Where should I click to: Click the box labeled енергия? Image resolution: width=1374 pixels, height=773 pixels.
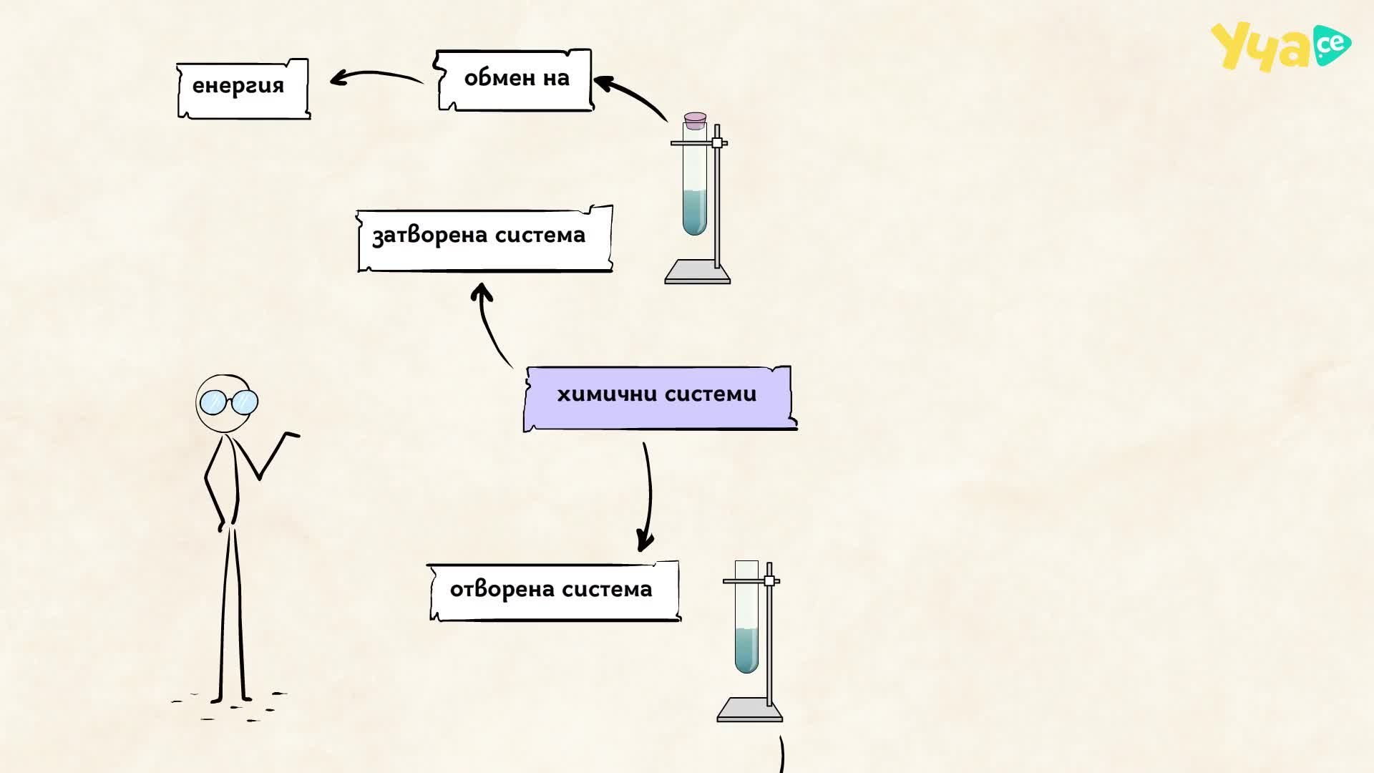[243, 89]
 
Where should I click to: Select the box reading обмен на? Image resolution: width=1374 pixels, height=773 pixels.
[514, 80]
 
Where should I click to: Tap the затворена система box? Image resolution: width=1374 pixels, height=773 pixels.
[484, 239]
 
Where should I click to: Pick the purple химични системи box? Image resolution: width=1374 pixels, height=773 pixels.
[660, 399]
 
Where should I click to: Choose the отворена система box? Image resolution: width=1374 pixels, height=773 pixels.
[553, 591]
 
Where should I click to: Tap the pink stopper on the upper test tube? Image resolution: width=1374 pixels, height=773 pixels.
[695, 120]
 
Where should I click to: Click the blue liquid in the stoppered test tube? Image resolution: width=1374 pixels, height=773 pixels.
[694, 212]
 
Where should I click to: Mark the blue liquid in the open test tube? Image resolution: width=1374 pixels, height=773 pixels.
[746, 651]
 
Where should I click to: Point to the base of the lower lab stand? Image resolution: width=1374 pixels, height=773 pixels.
[750, 710]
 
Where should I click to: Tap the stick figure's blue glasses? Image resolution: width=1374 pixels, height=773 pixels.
[228, 402]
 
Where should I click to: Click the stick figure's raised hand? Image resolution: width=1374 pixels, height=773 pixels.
[290, 434]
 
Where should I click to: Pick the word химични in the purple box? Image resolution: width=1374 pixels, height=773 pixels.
[607, 394]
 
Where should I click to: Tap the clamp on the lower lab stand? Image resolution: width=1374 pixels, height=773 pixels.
[769, 580]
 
